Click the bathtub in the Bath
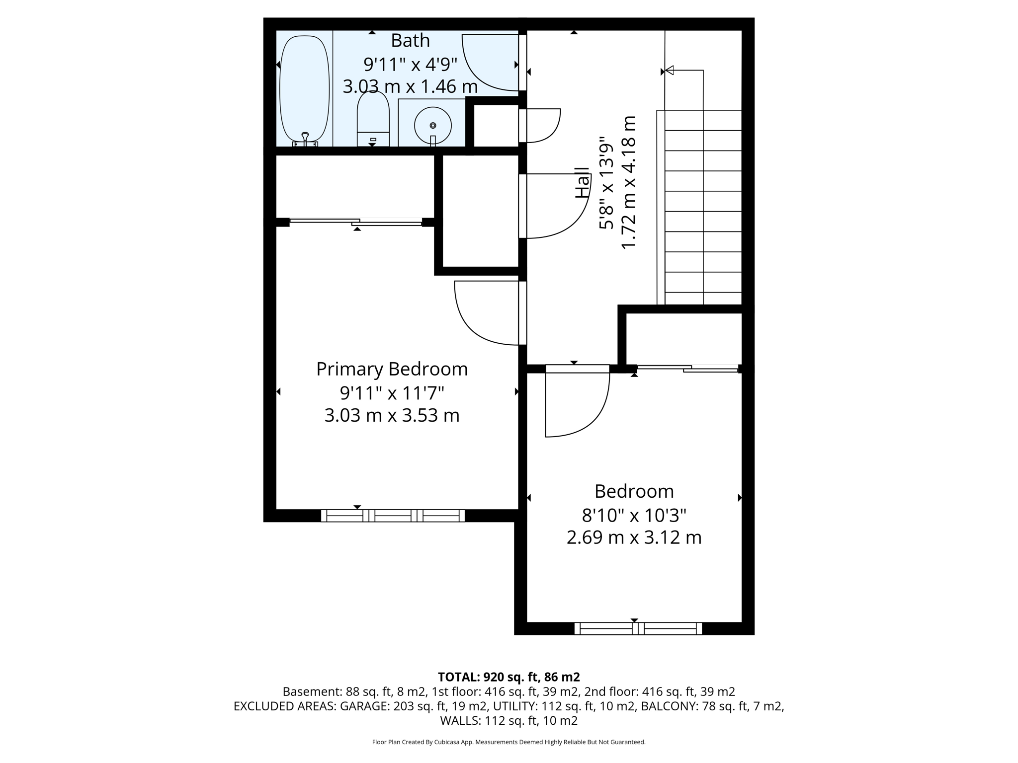click(x=304, y=89)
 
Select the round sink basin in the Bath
click(x=433, y=125)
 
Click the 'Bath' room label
click(x=410, y=41)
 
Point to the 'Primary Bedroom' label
click(x=392, y=369)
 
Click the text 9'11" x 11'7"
click(x=392, y=393)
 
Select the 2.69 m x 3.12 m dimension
click(x=634, y=537)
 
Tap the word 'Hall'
click(x=583, y=183)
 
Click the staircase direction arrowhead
click(x=669, y=71)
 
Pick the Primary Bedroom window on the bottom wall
click(x=393, y=516)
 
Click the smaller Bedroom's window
click(x=638, y=628)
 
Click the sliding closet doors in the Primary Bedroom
click(x=356, y=222)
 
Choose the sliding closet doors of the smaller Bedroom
click(x=687, y=368)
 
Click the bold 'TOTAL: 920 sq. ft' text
click(x=509, y=677)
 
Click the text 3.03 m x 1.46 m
click(x=410, y=86)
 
